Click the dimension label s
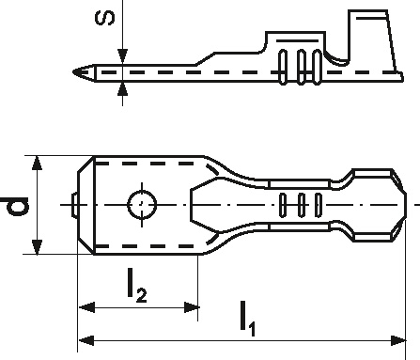105,19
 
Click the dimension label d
14,207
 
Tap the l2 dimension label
137,287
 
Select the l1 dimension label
247,319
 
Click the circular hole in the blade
142,205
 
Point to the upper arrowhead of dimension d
37,163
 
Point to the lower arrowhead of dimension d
37,247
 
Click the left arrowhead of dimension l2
86,307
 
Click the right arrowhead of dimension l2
191,307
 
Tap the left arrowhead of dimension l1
86,340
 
